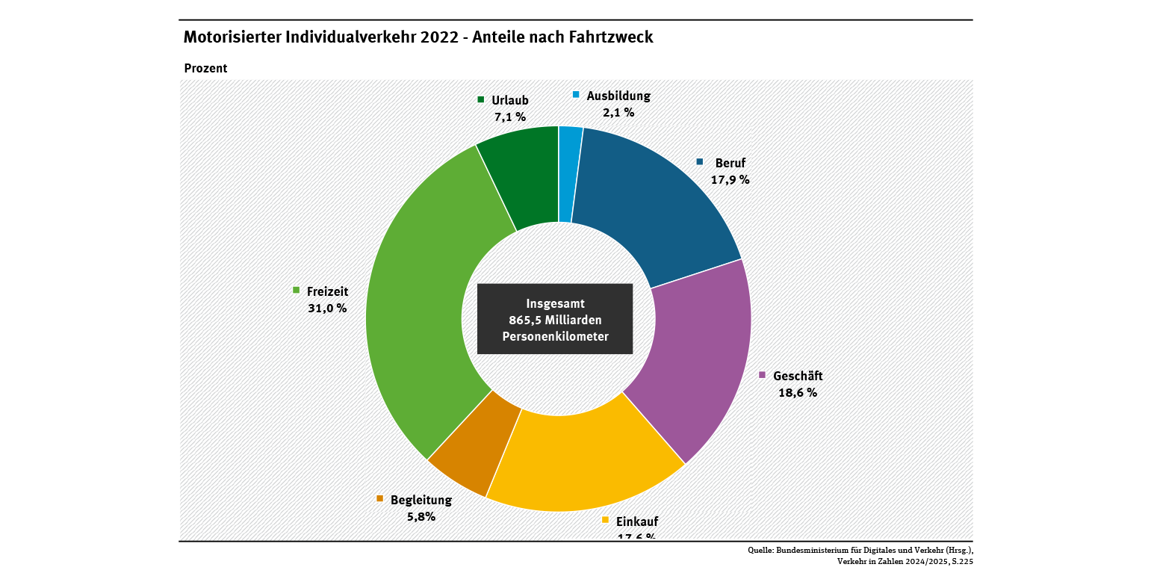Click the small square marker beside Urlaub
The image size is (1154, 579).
coord(481,99)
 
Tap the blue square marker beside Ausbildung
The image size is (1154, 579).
coord(576,95)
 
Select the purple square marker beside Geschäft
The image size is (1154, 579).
coord(763,375)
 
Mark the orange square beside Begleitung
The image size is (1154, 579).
coord(380,498)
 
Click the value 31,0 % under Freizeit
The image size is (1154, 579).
coord(327,308)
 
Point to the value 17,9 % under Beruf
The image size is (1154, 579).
coord(730,179)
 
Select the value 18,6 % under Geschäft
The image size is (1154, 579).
coord(798,393)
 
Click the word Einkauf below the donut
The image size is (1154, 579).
coord(637,521)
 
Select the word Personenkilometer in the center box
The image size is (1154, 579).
coord(555,336)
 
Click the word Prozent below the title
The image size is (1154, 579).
coord(205,68)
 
